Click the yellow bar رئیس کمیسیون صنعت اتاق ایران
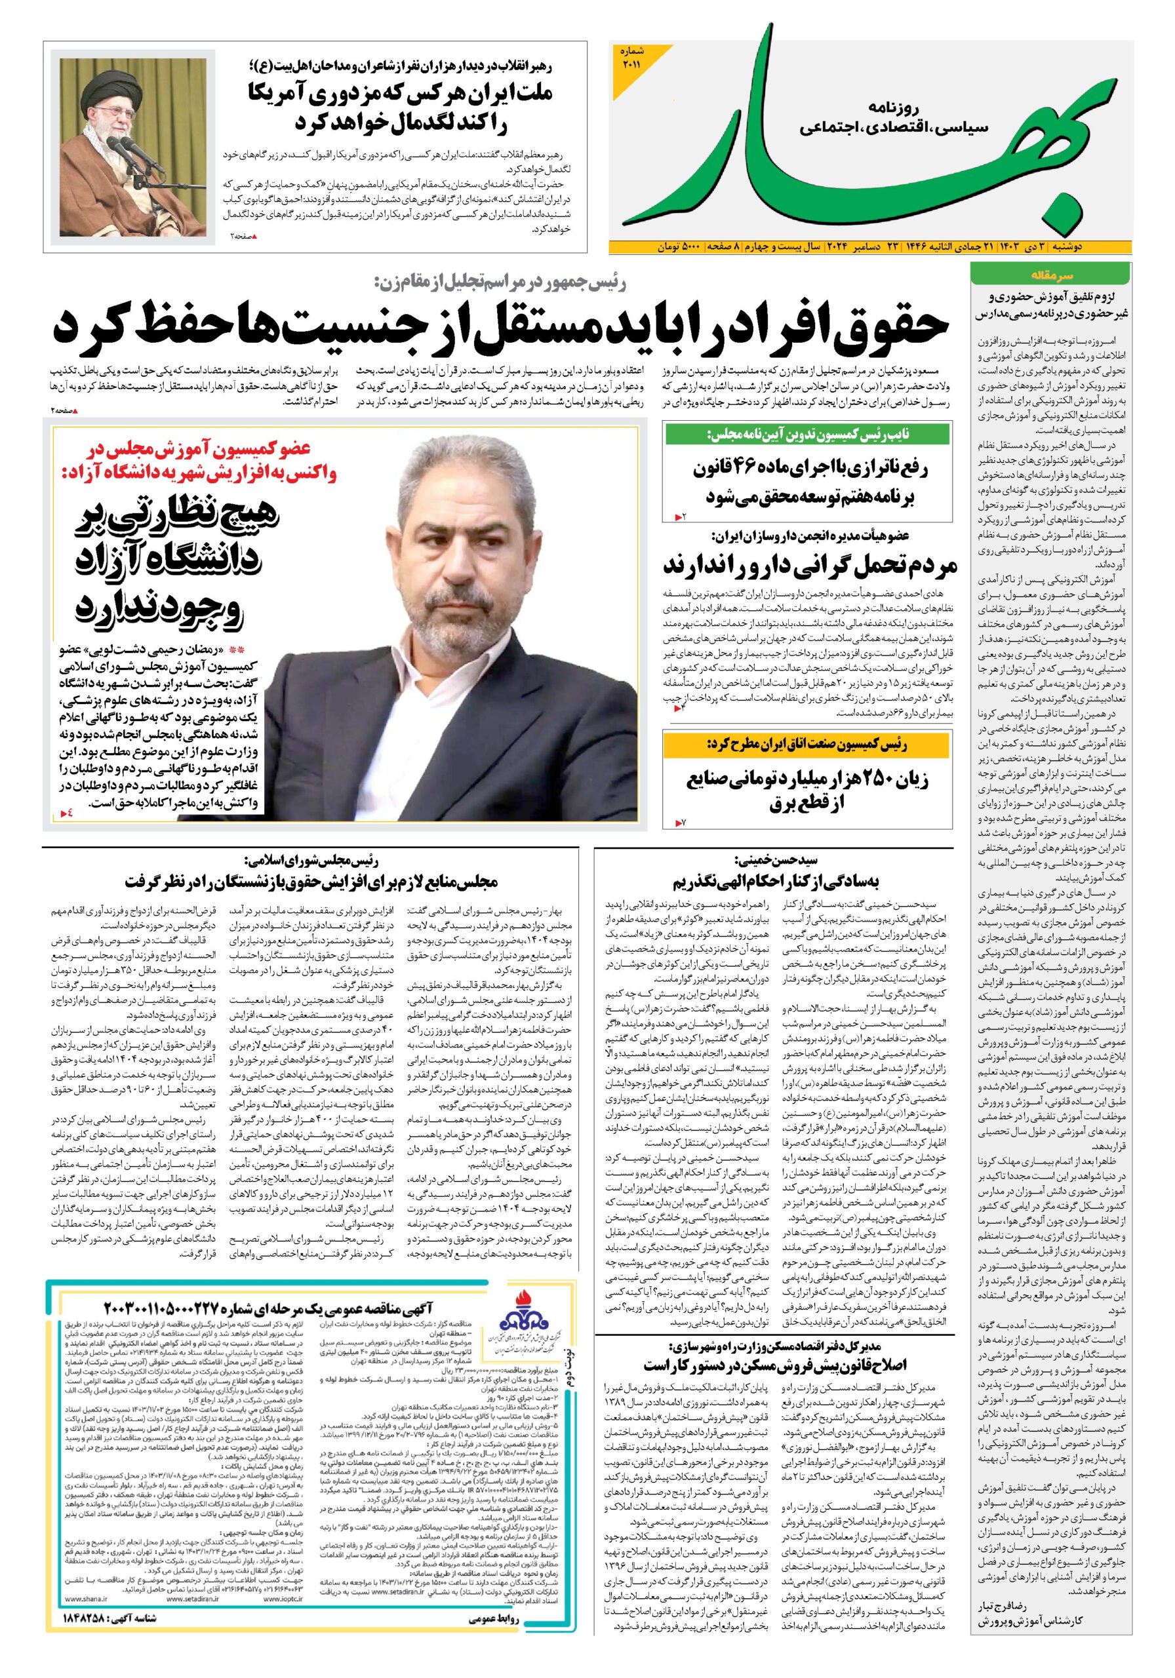(x=807, y=745)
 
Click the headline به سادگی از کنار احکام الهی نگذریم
(x=775, y=881)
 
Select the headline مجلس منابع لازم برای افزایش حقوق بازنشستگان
(x=311, y=882)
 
